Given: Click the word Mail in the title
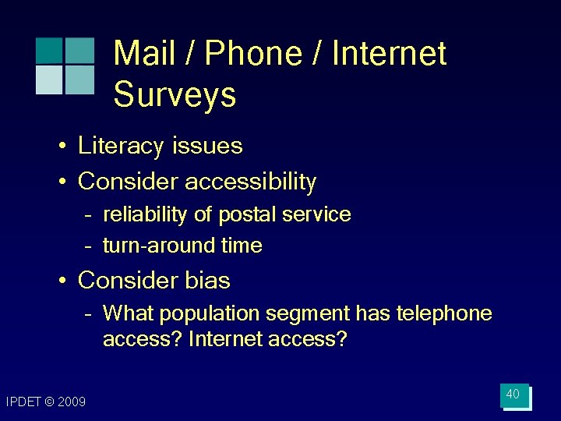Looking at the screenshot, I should tap(145, 54).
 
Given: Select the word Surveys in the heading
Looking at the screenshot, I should tap(175, 94).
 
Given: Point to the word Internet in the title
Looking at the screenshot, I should tap(389, 54).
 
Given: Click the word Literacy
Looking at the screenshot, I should tap(122, 146).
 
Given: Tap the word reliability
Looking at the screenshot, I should tap(149, 214).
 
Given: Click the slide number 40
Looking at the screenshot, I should tap(513, 394).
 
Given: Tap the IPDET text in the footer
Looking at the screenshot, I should tap(23, 402).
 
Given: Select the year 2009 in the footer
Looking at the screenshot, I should tap(72, 402).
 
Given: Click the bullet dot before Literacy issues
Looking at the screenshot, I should tap(60, 147).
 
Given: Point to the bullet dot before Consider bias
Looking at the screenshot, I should tap(60, 280).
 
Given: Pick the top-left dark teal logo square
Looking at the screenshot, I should tap(49, 50).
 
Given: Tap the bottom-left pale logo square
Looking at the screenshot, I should tap(49, 79).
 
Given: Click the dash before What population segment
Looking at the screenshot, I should tap(90, 314).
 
